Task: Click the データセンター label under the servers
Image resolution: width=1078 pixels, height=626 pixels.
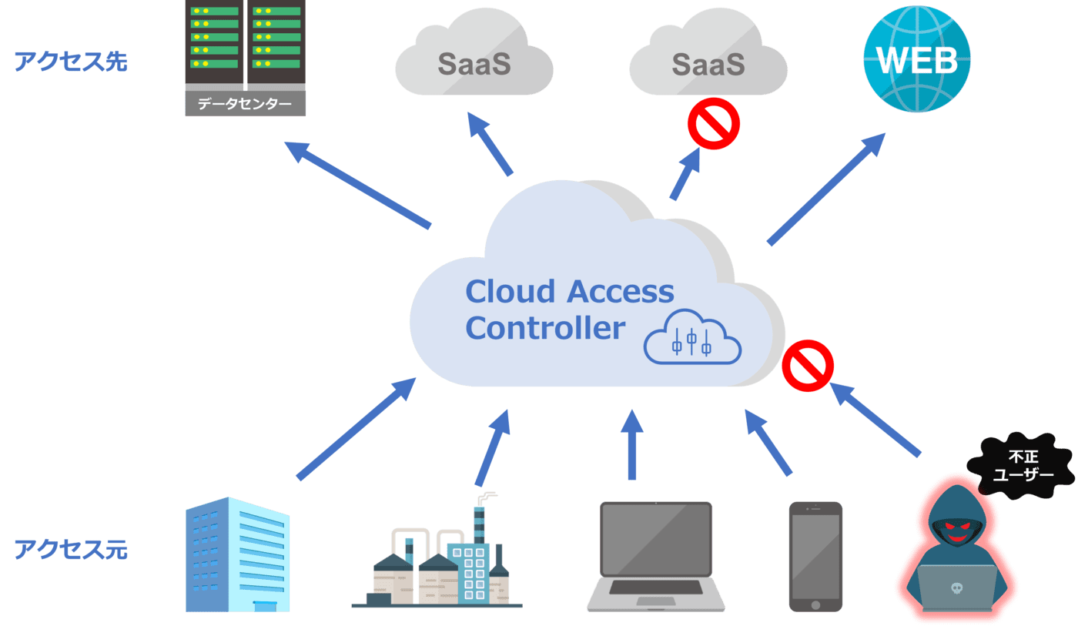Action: coord(245,104)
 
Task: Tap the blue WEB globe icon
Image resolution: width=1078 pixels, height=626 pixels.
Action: coord(917,60)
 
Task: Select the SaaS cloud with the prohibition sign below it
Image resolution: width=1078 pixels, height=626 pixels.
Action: coord(708,62)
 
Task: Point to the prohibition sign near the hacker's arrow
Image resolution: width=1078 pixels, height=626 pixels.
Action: coord(808,367)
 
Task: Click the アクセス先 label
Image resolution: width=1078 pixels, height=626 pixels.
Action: coord(71,62)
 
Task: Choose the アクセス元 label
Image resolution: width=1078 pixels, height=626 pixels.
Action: coord(71,550)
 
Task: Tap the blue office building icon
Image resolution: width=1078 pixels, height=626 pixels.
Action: coord(238,554)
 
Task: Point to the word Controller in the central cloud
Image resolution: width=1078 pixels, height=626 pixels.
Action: coord(544,328)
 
